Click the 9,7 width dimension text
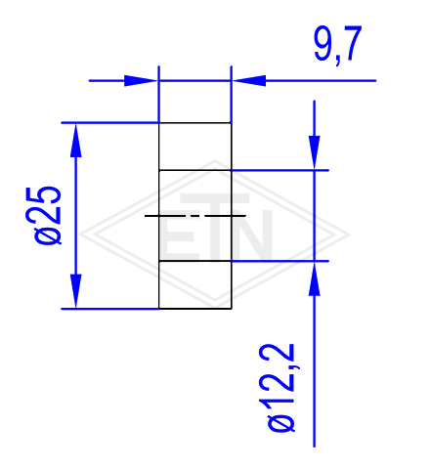click(338, 44)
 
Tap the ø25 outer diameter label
click(48, 215)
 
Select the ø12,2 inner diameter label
click(280, 388)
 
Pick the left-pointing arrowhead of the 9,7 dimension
click(248, 80)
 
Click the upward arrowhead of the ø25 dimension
click(76, 140)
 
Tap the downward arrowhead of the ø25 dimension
click(76, 291)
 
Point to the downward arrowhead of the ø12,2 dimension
click(315, 152)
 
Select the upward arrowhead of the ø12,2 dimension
click(315, 278)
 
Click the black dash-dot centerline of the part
click(195, 216)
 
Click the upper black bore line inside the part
click(195, 170)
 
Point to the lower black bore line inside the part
click(195, 261)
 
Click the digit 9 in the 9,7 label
click(323, 43)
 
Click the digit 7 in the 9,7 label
click(351, 43)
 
